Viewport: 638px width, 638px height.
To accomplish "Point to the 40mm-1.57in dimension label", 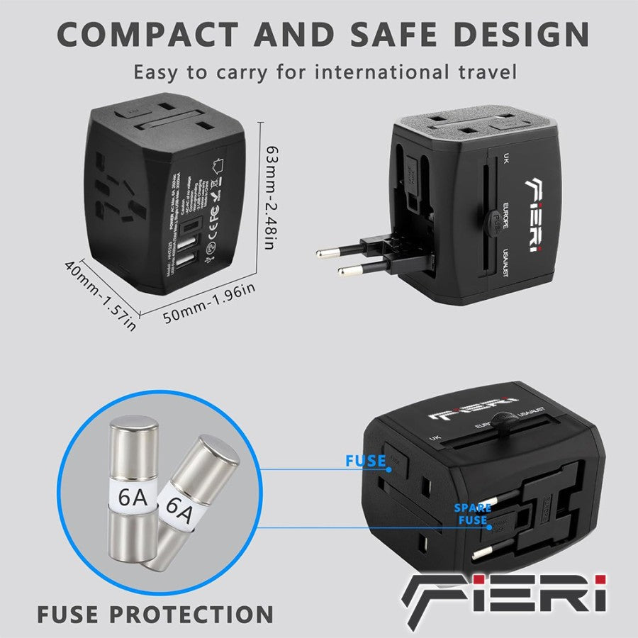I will (100, 294).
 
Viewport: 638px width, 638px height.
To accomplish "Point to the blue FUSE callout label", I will (366, 461).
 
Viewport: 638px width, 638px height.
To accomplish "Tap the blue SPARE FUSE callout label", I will (471, 514).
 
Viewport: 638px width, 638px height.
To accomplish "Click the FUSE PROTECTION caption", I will (155, 613).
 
